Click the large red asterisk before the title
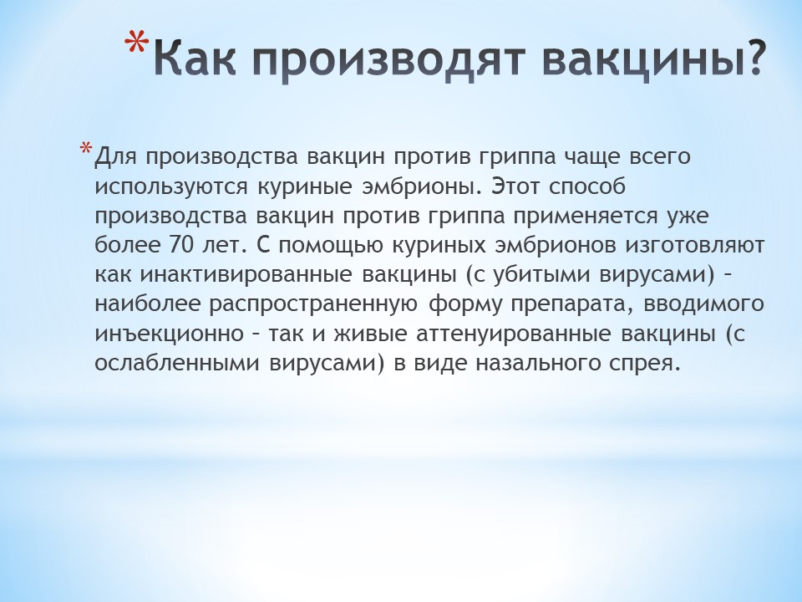[137, 43]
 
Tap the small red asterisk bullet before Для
[86, 149]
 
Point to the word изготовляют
[695, 246]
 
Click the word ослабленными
[177, 364]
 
